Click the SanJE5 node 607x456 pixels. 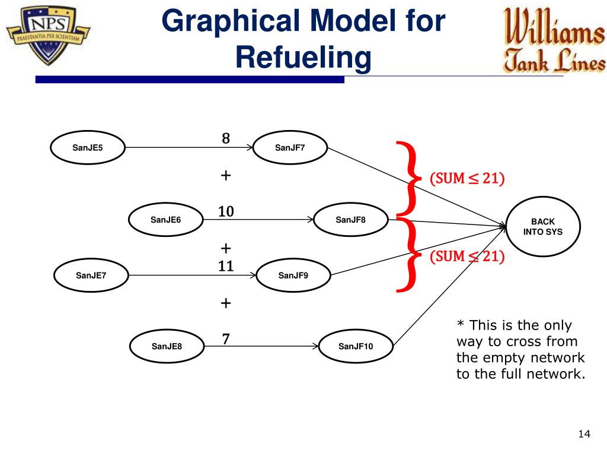pos(88,147)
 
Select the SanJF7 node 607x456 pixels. pos(290,147)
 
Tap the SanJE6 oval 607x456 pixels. pos(165,220)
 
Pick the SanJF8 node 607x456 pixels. pos(351,220)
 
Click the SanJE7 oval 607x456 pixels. pos(91,275)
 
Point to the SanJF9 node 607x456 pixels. pos(293,275)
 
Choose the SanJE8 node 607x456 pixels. pos(167,346)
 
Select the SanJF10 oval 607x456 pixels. pos(356,346)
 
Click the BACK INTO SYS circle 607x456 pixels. pos(542,226)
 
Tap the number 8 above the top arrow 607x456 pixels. pos(226,139)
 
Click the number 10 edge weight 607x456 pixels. pos(226,211)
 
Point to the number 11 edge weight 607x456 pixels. pos(226,266)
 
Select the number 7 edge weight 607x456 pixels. pos(226,339)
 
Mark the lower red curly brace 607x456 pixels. pos(409,255)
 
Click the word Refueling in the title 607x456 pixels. pos(303,58)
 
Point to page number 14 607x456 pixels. pos(584,435)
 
